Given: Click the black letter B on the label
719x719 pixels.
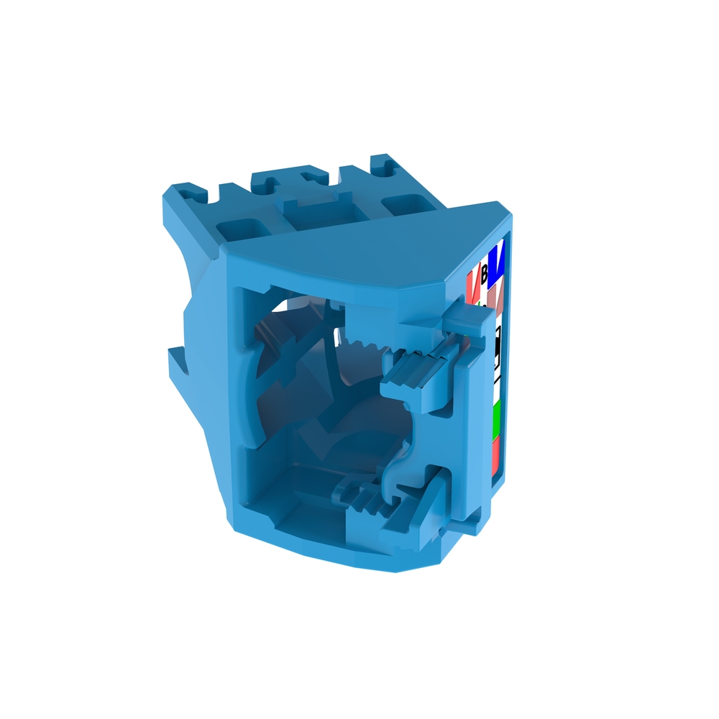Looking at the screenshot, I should click(484, 273).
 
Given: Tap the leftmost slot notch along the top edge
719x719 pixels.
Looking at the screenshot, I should click(190, 193).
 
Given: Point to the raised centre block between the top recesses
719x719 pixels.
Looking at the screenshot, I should click(316, 212).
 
